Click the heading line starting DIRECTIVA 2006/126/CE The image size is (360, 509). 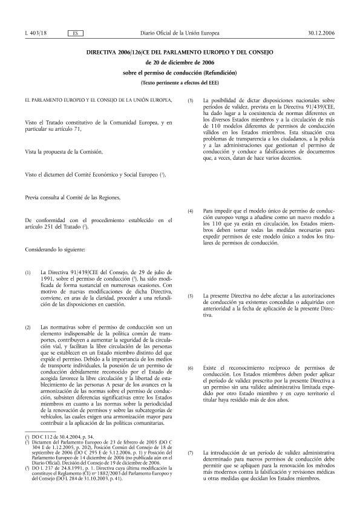[180, 53]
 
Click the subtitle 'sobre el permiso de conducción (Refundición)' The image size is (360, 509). [180, 72]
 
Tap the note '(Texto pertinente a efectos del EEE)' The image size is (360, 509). [180, 81]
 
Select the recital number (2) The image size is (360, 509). [28, 327]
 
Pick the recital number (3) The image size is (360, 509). [191, 100]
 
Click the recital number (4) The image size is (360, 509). [191, 211]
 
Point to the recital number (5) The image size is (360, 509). [191, 296]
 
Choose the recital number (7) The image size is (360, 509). [191, 453]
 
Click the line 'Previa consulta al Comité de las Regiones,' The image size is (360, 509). [68, 197]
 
